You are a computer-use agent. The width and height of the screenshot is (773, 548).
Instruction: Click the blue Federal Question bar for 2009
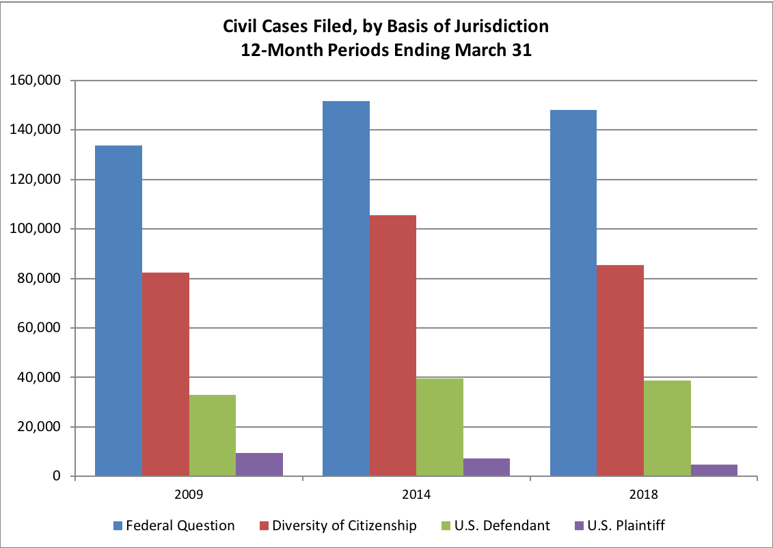[118, 311]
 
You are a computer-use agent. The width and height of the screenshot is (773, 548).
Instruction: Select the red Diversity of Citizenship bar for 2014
[392, 346]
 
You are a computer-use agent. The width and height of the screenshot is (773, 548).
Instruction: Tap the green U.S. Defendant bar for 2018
[666, 428]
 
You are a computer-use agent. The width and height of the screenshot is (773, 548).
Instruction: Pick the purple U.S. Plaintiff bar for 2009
[259, 465]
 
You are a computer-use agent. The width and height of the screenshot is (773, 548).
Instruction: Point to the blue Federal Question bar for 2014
[346, 288]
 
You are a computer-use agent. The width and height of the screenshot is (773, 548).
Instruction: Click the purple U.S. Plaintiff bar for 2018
[714, 470]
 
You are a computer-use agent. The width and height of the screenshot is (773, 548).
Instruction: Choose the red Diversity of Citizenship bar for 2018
[620, 370]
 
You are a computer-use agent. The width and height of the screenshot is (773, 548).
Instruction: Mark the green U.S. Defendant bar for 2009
[213, 435]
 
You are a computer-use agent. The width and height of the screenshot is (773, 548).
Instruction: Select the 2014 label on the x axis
[416, 493]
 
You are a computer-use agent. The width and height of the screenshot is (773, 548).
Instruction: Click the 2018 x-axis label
[643, 493]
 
